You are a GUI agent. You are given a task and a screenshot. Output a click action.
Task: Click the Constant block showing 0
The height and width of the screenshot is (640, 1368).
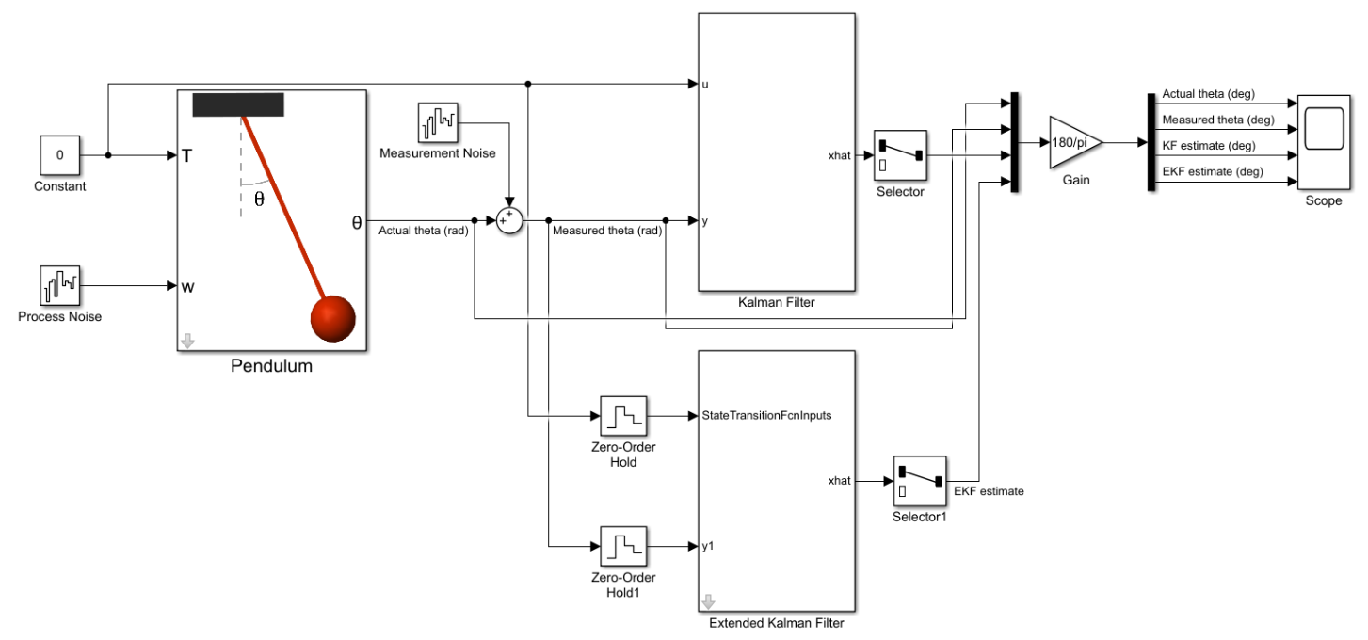(x=60, y=155)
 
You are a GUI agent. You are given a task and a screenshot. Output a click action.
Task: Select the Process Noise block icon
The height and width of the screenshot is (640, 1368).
(x=60, y=285)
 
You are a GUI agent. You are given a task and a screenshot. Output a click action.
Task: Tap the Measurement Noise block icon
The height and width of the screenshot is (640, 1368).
(x=438, y=122)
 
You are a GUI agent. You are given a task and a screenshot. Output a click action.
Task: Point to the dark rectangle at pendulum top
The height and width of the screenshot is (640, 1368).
(x=238, y=105)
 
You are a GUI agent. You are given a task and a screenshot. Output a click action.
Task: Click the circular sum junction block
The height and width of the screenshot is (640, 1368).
(x=509, y=220)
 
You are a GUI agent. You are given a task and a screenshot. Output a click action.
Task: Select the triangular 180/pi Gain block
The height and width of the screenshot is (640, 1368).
(x=1074, y=143)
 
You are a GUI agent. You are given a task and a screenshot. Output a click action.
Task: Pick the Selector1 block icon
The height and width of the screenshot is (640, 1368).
(x=918, y=481)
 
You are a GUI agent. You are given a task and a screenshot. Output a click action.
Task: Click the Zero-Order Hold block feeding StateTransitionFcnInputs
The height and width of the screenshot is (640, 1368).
(x=623, y=415)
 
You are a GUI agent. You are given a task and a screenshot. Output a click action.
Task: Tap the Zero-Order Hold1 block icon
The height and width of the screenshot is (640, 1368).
(x=623, y=546)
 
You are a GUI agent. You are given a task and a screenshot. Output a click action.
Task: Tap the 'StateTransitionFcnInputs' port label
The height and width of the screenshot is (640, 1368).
(x=766, y=415)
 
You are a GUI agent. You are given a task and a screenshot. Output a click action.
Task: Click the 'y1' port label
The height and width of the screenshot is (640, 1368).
(x=709, y=546)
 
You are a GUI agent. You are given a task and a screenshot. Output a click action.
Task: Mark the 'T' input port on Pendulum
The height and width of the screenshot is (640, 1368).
(x=186, y=155)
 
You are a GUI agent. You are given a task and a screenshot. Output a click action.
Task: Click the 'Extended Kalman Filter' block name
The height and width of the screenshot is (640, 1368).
(x=776, y=621)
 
